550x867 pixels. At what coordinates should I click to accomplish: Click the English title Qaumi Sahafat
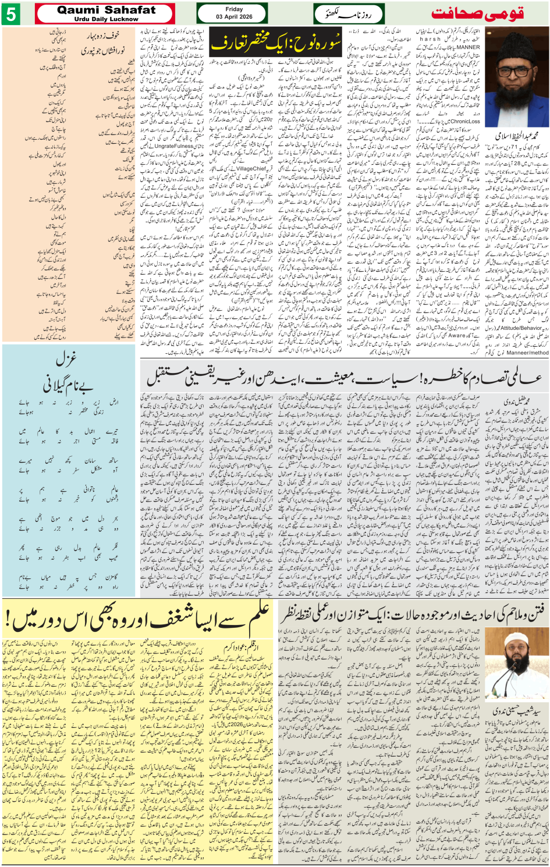[107, 10]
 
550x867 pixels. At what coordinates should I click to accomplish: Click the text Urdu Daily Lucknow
[107, 19]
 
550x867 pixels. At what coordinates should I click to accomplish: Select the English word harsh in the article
[430, 40]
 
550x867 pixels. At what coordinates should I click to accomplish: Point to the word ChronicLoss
[466, 122]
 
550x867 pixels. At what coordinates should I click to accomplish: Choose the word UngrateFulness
[174, 146]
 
